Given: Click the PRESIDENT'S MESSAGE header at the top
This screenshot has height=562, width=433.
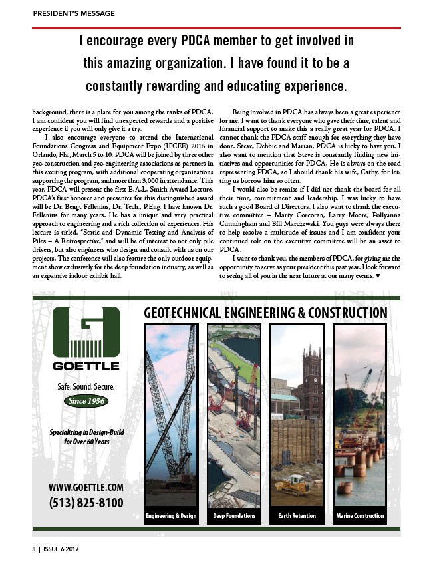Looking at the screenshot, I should coord(74,13).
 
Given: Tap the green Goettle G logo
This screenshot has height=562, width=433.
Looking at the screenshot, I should coord(86,333).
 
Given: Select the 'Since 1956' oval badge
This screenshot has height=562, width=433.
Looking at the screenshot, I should coord(86,401).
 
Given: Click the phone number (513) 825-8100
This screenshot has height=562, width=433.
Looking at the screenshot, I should coord(86,503).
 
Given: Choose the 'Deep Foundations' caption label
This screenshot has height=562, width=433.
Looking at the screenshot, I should coord(234,516).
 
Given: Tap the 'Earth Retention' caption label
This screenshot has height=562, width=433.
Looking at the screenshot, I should coord(297,516).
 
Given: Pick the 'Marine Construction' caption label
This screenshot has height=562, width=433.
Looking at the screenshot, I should coord(360,516).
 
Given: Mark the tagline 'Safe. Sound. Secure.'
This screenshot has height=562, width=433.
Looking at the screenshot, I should coord(86,386).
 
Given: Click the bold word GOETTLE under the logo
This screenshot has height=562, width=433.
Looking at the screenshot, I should coord(86,366).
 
